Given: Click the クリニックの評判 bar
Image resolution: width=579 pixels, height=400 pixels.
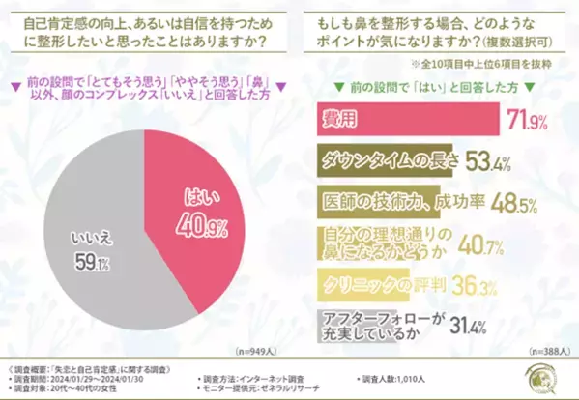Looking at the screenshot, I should pos(367,285).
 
